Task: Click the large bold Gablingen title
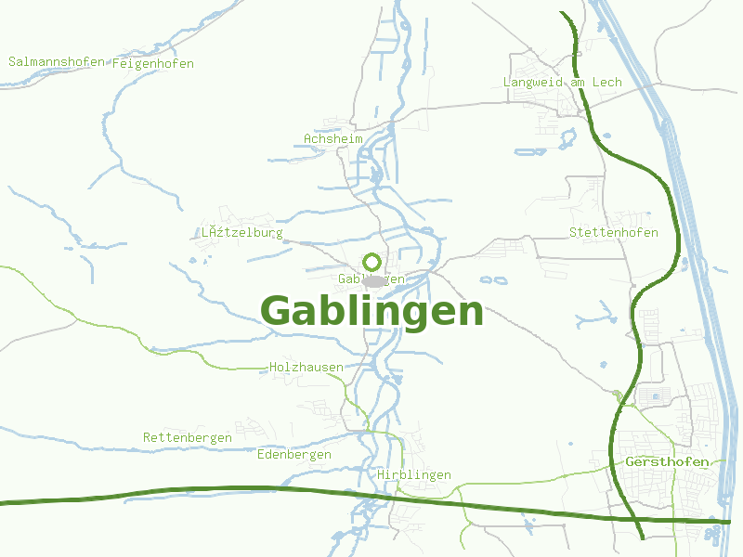click(x=372, y=312)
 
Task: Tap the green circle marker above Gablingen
click(x=371, y=262)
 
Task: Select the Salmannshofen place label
click(x=56, y=62)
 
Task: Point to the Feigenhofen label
click(x=153, y=64)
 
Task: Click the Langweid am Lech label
click(x=563, y=83)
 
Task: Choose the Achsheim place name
click(x=333, y=139)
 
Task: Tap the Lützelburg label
click(x=242, y=233)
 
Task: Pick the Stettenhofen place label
click(x=614, y=233)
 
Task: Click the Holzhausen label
click(x=306, y=368)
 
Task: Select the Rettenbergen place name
click(x=188, y=438)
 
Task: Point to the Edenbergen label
click(x=294, y=455)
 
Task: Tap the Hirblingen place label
click(x=414, y=475)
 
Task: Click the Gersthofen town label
click(x=668, y=462)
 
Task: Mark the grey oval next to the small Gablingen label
click(x=374, y=280)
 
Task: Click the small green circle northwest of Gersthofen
click(x=618, y=395)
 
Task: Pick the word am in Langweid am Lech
click(x=579, y=83)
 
